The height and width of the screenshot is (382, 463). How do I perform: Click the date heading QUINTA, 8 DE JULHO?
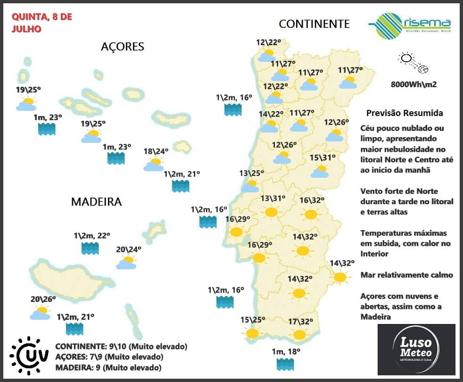[41, 23]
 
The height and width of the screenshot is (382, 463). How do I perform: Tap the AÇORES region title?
[122, 47]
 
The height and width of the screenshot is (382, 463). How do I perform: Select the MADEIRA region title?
[96, 202]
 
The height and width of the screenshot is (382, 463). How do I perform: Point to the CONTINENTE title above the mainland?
[314, 24]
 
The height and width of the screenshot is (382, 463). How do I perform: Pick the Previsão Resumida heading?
[405, 114]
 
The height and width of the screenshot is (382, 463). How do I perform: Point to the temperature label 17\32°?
[300, 322]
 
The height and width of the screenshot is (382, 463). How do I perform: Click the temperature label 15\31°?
[322, 158]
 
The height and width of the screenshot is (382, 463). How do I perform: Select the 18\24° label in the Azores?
[156, 151]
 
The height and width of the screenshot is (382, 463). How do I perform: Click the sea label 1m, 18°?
[287, 351]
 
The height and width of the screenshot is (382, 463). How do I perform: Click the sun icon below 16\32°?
[311, 215]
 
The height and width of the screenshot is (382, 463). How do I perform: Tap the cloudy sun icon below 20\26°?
[41, 313]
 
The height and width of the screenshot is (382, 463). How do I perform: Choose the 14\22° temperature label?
[271, 114]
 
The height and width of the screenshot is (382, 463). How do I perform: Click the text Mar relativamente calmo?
[406, 275]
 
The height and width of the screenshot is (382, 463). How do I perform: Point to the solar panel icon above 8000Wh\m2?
[413, 63]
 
